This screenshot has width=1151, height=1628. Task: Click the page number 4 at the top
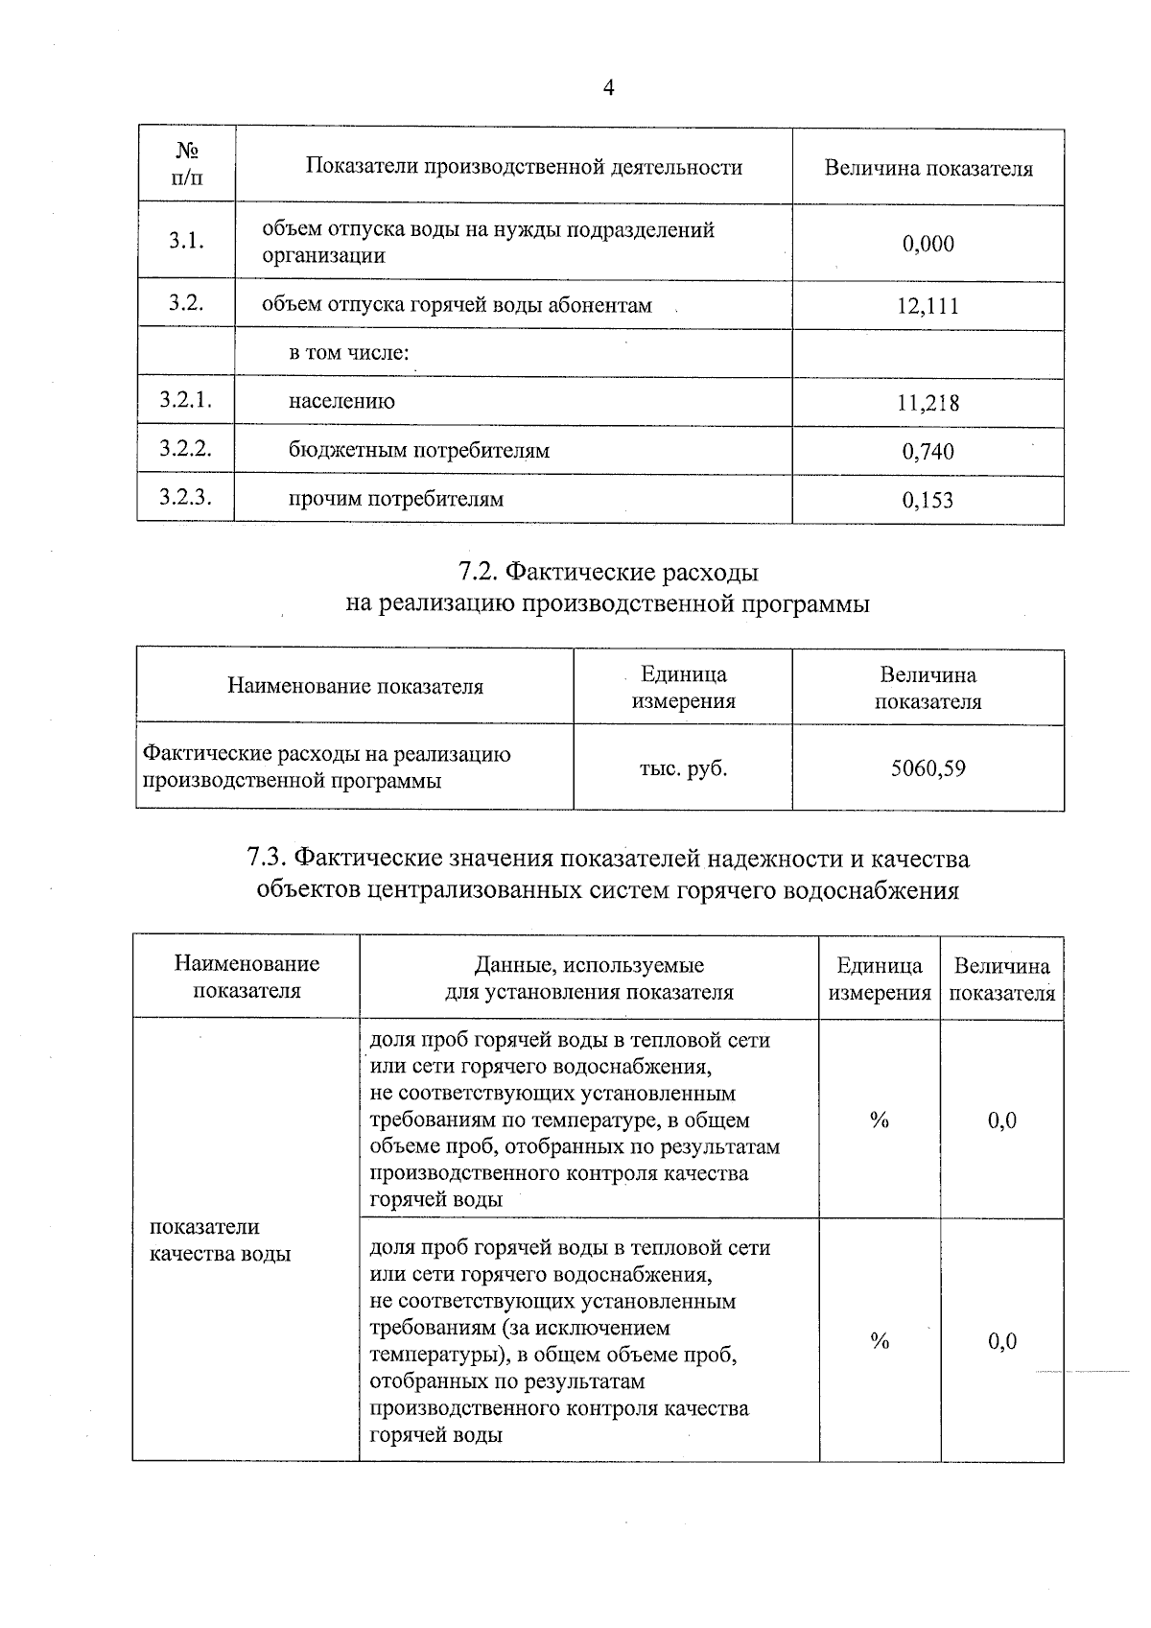608,88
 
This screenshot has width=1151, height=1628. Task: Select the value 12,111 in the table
928,307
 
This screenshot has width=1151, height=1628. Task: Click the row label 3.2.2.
185,448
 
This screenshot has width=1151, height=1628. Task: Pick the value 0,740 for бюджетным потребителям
928,452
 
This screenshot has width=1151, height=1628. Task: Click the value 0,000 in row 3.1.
928,245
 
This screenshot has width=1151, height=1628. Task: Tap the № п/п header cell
187,164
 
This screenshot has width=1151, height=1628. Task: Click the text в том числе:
349,353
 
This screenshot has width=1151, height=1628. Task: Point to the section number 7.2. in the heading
478,573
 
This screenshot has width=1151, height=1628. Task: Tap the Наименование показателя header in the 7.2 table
355,687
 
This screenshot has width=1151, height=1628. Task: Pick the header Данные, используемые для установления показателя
589,979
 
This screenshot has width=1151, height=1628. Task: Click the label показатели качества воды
221,1240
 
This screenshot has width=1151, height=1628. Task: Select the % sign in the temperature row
879,1121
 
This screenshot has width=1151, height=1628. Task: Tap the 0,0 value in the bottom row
1002,1342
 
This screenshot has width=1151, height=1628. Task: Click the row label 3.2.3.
185,497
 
